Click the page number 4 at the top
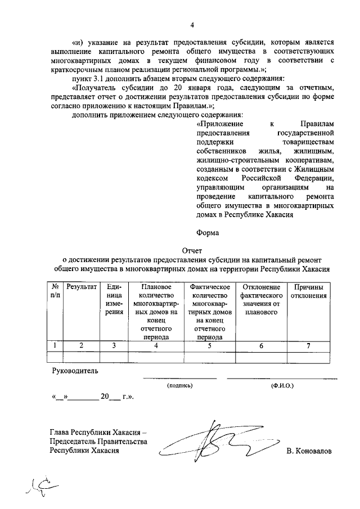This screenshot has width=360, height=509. [x=192, y=25]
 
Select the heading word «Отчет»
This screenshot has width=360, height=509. [x=192, y=251]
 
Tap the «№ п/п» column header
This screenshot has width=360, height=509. [x=55, y=291]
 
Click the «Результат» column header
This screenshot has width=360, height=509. [x=81, y=287]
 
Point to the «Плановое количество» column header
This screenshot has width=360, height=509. [x=156, y=291]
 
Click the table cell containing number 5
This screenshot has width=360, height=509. [x=209, y=346]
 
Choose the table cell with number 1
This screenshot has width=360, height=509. [x=55, y=346]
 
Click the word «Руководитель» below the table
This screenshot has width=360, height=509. [x=75, y=371]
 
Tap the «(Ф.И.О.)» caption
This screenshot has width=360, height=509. [x=281, y=385]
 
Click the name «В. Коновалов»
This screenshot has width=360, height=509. [x=309, y=451]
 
